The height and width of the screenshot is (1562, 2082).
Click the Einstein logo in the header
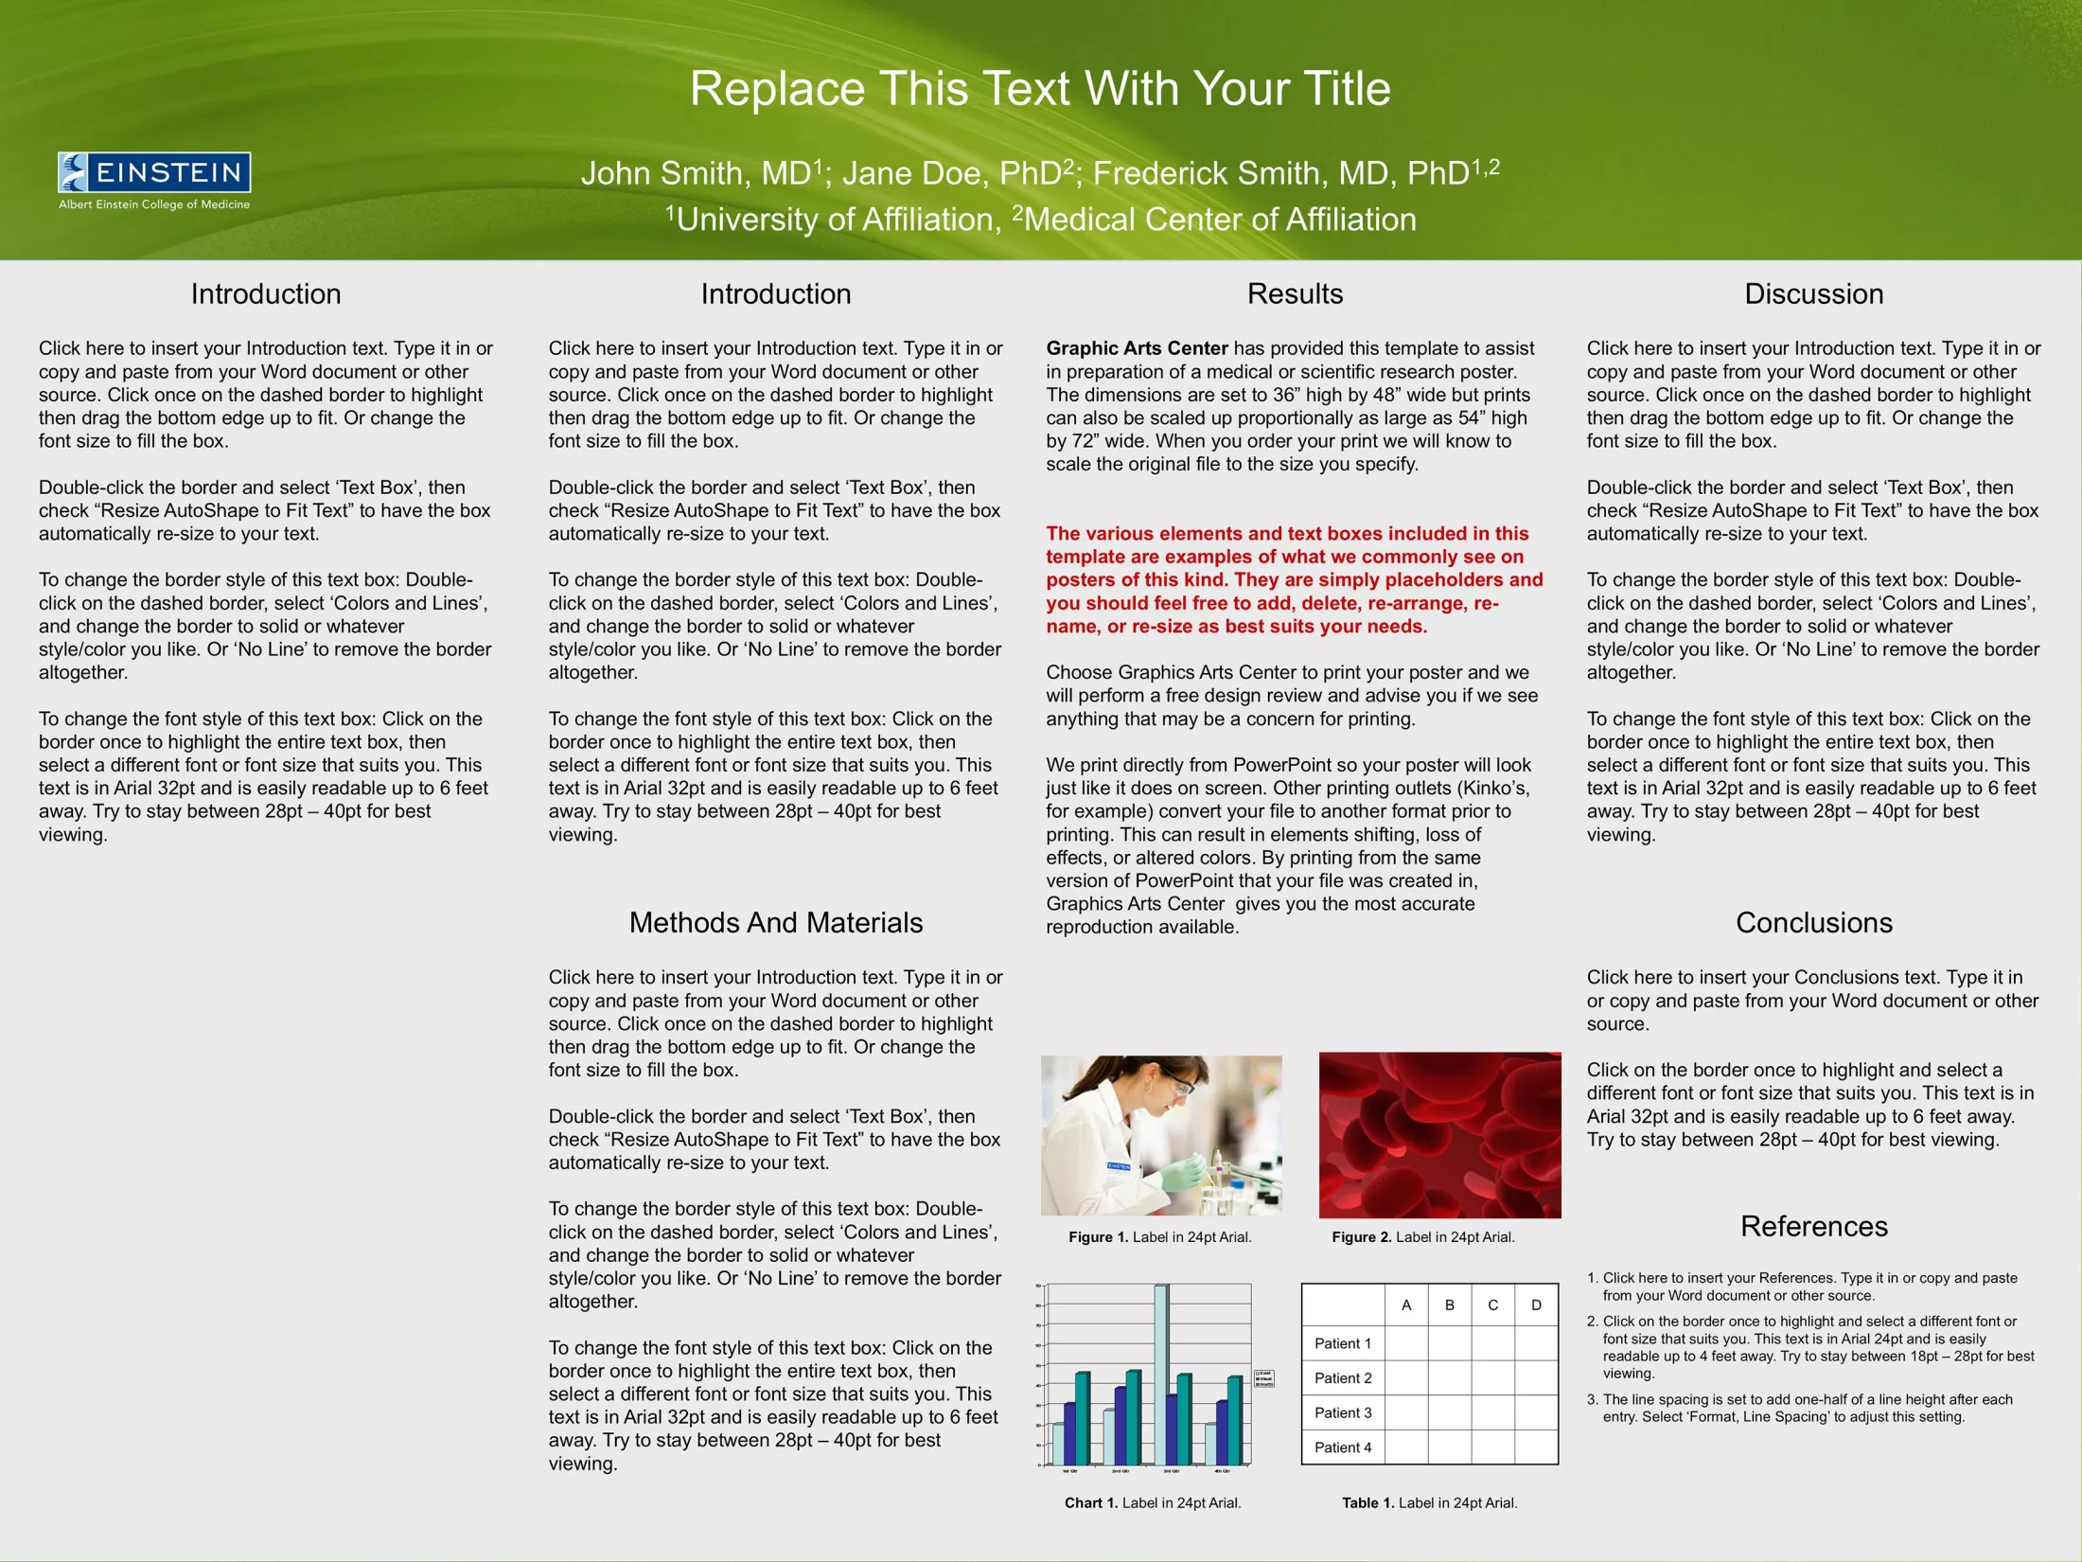pyautogui.click(x=154, y=180)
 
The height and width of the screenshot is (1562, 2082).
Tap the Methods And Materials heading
pyautogui.click(x=775, y=922)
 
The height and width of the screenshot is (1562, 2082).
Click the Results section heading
pyautogui.click(x=1295, y=293)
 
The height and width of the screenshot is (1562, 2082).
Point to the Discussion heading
pyautogui.click(x=1813, y=293)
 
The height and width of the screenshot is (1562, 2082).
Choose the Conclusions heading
pyautogui.click(x=1813, y=922)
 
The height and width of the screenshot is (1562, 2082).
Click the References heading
pyautogui.click(x=1813, y=1226)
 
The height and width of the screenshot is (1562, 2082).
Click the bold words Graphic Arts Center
pyautogui.click(x=1136, y=348)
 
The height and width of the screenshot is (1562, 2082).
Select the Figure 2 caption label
pyautogui.click(x=1422, y=1237)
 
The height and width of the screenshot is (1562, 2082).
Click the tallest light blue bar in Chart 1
pyautogui.click(x=1160, y=1373)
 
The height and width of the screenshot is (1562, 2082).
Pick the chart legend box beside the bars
pyautogui.click(x=1264, y=1378)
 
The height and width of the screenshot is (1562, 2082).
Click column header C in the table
pyautogui.click(x=1492, y=1305)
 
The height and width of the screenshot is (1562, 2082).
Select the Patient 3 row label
pyautogui.click(x=1342, y=1412)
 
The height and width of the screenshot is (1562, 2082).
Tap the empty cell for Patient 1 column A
pyautogui.click(x=1405, y=1343)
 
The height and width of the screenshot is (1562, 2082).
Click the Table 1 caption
pyautogui.click(x=1429, y=1502)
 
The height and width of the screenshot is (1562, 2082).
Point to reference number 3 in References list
pyautogui.click(x=1592, y=1399)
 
